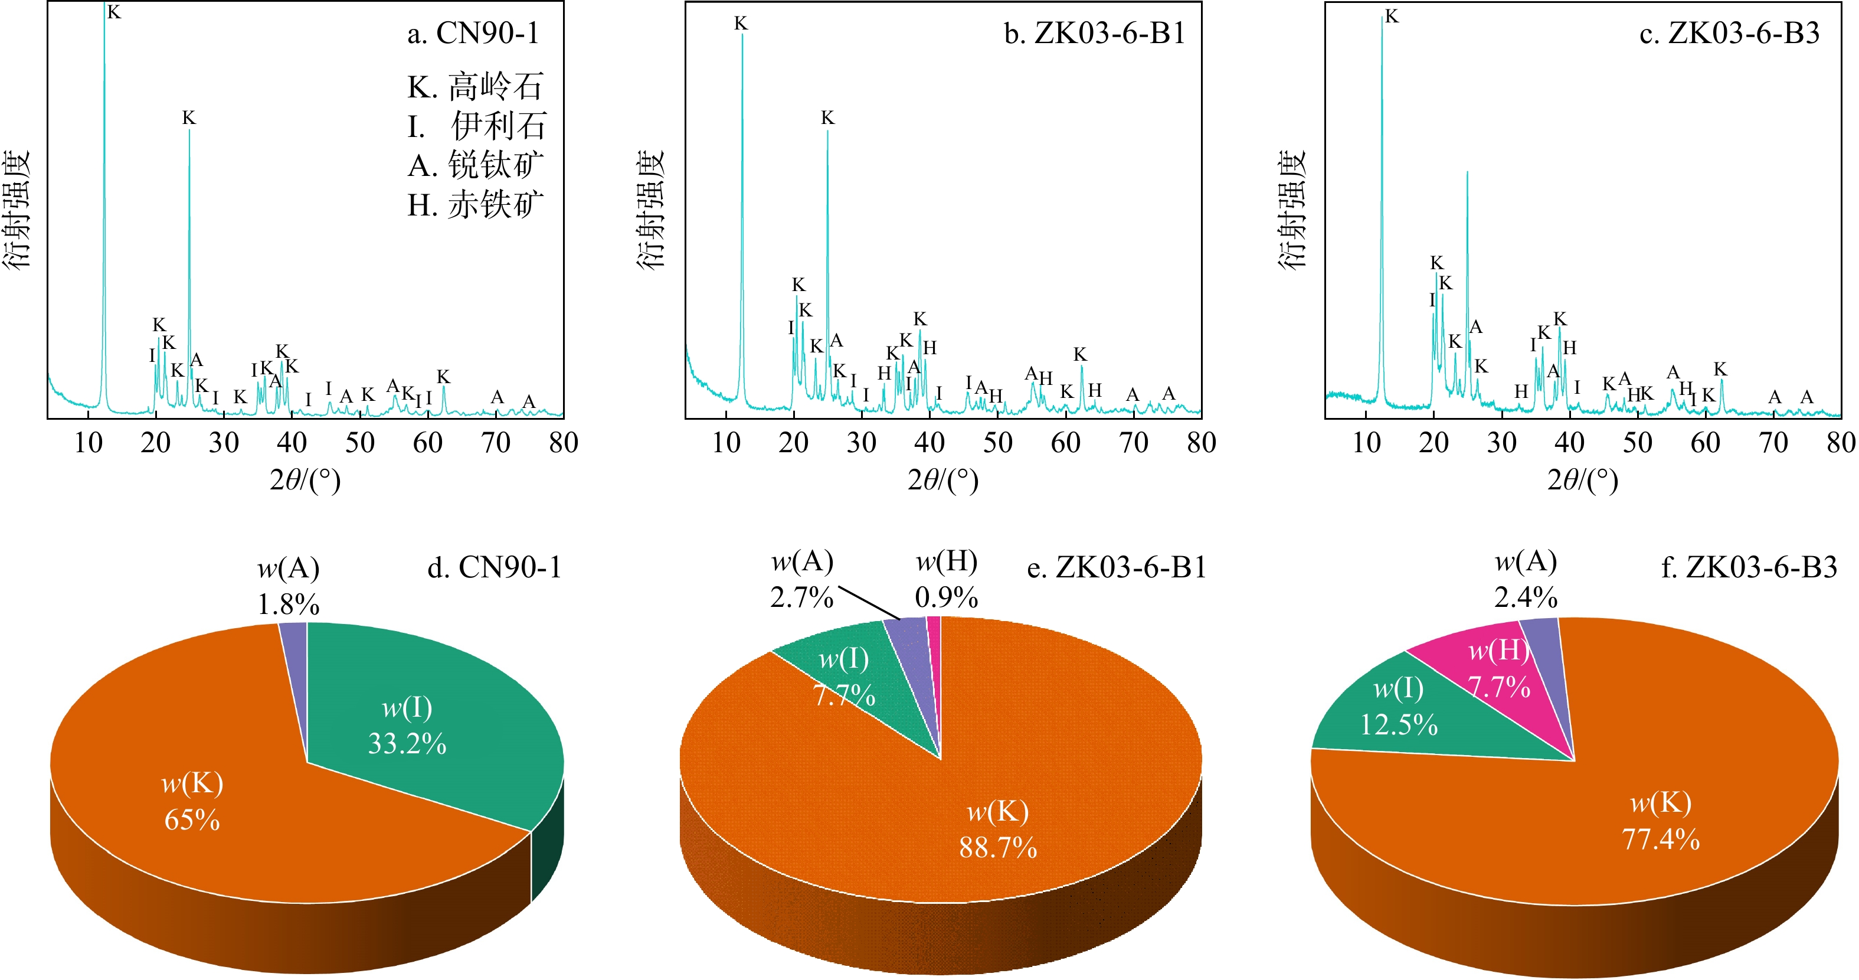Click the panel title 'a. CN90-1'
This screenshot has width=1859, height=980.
473,33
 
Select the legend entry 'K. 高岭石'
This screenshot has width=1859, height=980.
476,87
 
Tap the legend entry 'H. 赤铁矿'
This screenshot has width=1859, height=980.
476,205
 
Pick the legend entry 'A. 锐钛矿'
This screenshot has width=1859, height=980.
476,166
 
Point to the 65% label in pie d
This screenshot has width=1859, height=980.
192,820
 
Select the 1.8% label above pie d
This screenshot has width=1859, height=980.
289,605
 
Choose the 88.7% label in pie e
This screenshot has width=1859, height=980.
998,847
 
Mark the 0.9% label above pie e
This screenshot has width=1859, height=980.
946,597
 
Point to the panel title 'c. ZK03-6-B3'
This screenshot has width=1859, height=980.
1729,33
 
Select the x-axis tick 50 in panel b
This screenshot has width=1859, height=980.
997,442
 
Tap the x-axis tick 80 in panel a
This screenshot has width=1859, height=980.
563,442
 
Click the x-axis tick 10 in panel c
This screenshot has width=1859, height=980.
1366,442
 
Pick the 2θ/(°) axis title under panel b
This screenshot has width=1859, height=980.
943,480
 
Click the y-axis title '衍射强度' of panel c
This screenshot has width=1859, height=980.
1292,209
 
